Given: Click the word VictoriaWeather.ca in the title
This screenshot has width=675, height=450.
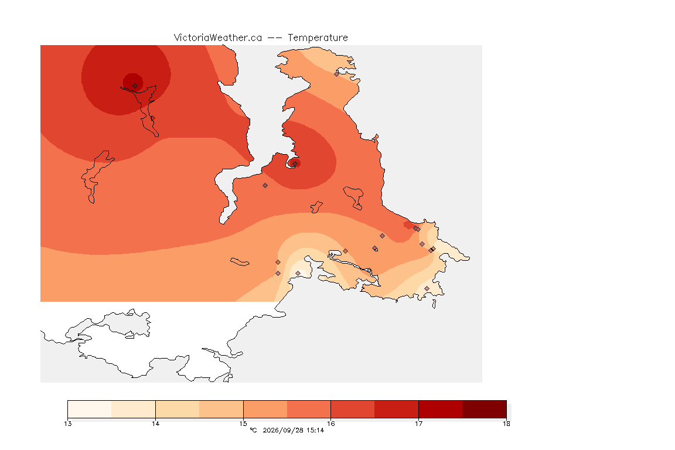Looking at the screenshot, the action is coord(218,38).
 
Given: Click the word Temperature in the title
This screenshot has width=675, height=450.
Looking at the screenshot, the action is coord(318,38).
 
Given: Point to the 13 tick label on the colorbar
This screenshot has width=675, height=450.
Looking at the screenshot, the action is coord(67,424).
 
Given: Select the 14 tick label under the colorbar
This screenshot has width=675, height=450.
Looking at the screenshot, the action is coord(155,424).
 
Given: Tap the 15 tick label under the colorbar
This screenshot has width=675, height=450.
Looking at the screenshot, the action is coord(243,424).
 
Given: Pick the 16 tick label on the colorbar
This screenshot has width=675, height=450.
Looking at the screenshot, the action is coord(330,424).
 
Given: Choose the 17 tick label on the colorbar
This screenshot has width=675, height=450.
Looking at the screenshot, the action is coord(418,424).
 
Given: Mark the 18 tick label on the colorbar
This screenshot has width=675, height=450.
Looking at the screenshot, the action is coord(506,424).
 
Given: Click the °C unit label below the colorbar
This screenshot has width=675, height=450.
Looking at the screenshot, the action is coord(253,430).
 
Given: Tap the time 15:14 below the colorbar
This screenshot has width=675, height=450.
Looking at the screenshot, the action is coord(315,430).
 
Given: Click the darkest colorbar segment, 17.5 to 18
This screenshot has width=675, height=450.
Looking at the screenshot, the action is coord(485,409).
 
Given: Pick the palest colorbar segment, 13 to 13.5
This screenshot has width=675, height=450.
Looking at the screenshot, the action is coord(90,409).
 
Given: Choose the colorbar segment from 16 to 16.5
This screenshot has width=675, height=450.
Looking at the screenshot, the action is coord(353,409).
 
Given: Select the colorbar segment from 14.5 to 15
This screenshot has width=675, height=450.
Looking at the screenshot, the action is coord(221,409).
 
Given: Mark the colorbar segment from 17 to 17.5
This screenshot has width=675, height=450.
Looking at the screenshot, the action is coord(441,409).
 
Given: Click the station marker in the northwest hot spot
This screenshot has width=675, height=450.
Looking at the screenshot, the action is coord(135,86).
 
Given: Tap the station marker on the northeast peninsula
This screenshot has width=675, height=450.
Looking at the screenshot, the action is coord(337,74).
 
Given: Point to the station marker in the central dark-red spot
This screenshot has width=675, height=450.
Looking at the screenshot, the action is coord(295,163).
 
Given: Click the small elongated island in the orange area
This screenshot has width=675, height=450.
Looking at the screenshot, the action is coord(240,262).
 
